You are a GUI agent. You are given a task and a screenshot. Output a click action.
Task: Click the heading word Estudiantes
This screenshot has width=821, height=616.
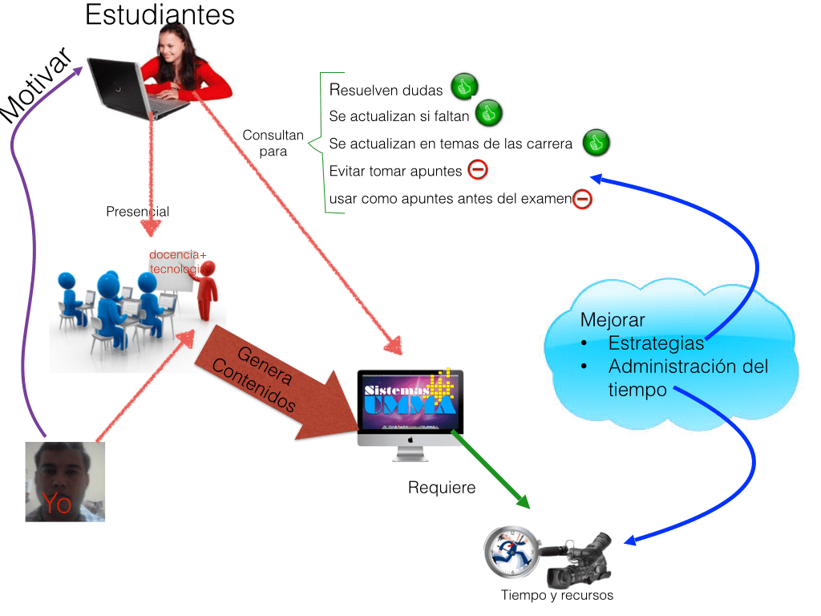(160, 14)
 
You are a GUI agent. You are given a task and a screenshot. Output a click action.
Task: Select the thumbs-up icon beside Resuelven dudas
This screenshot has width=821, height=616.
(463, 86)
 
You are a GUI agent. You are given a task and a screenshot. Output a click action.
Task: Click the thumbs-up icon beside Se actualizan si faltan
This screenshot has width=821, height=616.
(487, 114)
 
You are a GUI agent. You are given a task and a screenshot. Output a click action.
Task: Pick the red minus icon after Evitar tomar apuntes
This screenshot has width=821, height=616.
(477, 170)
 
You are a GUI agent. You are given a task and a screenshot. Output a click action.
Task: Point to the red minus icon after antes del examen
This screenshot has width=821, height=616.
(582, 198)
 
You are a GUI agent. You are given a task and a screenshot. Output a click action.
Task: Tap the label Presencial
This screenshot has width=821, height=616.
(137, 212)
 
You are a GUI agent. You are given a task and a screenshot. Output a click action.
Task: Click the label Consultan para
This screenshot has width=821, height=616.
(273, 143)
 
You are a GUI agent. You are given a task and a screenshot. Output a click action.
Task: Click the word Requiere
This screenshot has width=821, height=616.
(442, 488)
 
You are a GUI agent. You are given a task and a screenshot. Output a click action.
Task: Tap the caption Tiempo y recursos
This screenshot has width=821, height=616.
(557, 595)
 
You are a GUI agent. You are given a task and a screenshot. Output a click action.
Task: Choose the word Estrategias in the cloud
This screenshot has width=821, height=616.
(656, 343)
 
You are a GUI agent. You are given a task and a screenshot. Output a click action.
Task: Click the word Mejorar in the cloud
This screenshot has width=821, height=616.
(613, 320)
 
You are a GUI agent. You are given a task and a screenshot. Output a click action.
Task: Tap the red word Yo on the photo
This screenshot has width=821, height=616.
(57, 503)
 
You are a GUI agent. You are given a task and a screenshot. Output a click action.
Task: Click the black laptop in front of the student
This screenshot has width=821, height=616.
(120, 87)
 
